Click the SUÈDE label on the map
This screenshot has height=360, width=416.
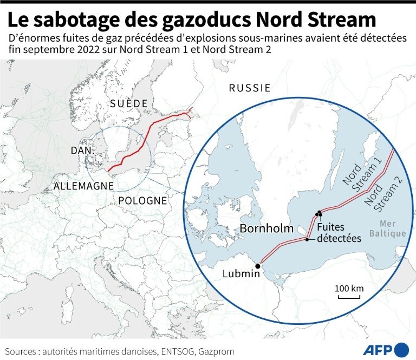pos(128,104)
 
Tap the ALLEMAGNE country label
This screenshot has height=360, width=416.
pos(83,186)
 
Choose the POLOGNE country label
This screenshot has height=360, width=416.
pos(142,200)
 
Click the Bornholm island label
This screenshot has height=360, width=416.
pos(266,228)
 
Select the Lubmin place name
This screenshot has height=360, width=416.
pos(241,274)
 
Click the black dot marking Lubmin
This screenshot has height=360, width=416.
pos(258,266)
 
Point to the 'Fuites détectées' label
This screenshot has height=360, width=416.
pos(339,233)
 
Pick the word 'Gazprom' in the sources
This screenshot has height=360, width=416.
pos(217,351)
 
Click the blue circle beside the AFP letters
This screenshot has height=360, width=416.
pos(402,349)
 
